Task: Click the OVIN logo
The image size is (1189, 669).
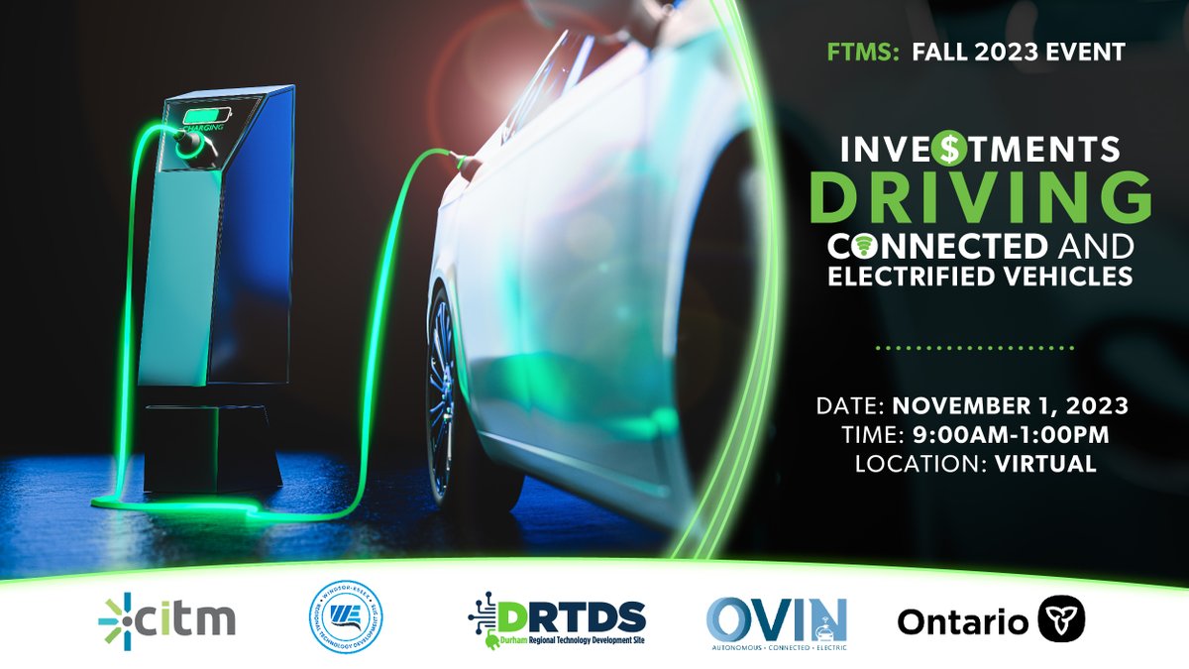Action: coord(777,619)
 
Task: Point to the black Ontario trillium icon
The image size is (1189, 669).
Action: coord(1062,619)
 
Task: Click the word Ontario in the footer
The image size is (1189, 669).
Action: coord(962,621)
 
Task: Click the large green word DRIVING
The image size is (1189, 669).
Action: coord(980,197)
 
